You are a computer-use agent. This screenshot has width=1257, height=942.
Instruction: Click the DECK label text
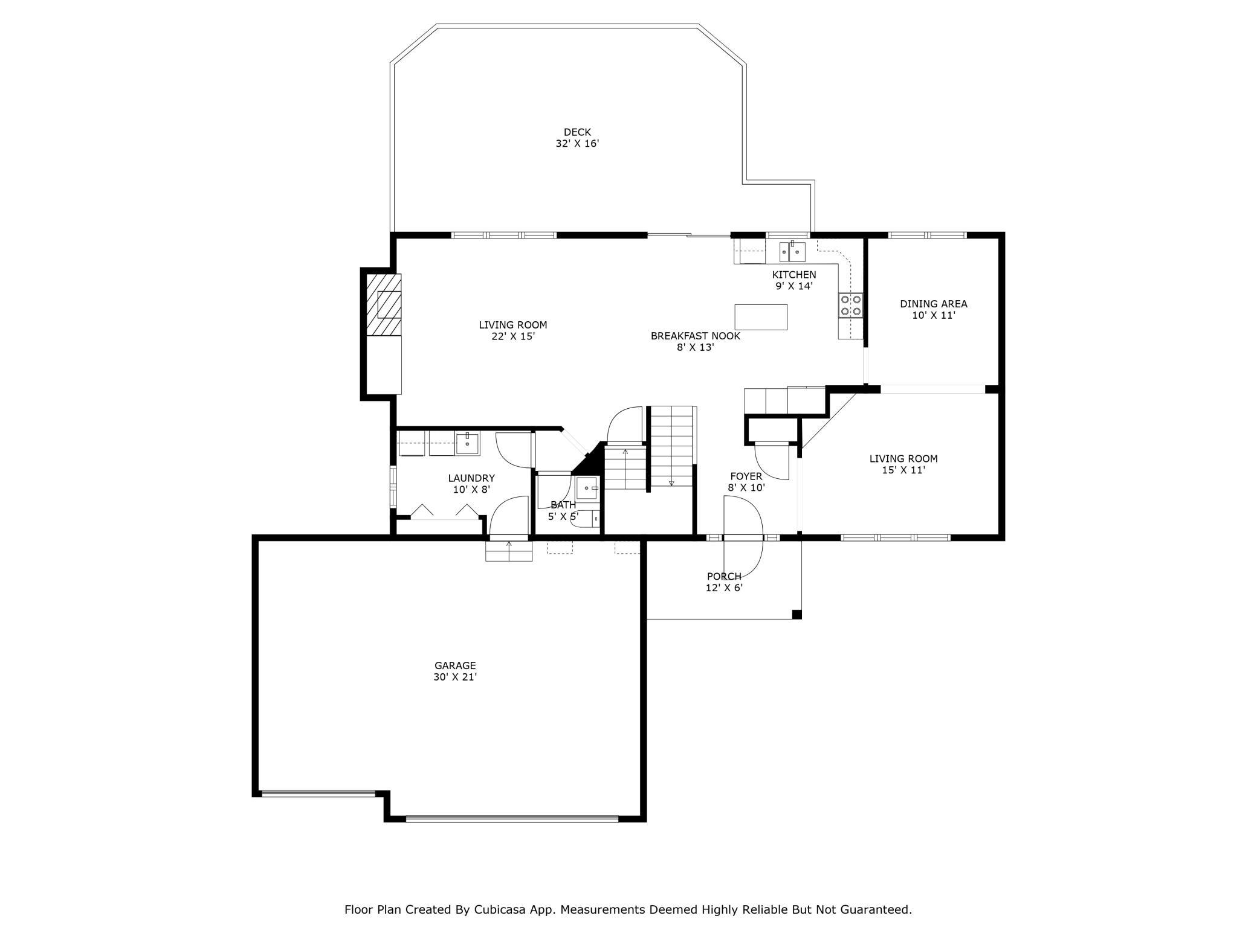coord(577,132)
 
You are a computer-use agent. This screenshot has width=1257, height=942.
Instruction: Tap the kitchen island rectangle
coord(761,317)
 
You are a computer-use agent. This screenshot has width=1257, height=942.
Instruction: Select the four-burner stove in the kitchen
coord(850,305)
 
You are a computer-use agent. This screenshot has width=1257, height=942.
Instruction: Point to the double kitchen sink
coord(792,251)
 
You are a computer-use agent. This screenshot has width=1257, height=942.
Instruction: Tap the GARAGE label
coord(455,665)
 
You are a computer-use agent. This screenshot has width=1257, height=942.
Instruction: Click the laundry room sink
coord(467,443)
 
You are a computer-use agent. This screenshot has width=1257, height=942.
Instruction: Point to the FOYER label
coord(746,476)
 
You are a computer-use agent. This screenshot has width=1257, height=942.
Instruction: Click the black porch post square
coord(797,615)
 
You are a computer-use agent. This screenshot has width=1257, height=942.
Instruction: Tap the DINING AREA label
coord(933,304)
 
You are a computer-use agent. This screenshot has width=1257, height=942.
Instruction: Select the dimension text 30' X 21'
coord(455,678)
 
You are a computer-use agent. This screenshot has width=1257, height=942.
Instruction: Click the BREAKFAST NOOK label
coord(695,336)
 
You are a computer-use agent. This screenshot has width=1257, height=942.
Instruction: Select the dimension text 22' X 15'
coord(513,337)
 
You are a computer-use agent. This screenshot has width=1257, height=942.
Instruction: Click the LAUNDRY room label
coord(471,478)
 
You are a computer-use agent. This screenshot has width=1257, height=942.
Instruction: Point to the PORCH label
coord(724,577)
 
